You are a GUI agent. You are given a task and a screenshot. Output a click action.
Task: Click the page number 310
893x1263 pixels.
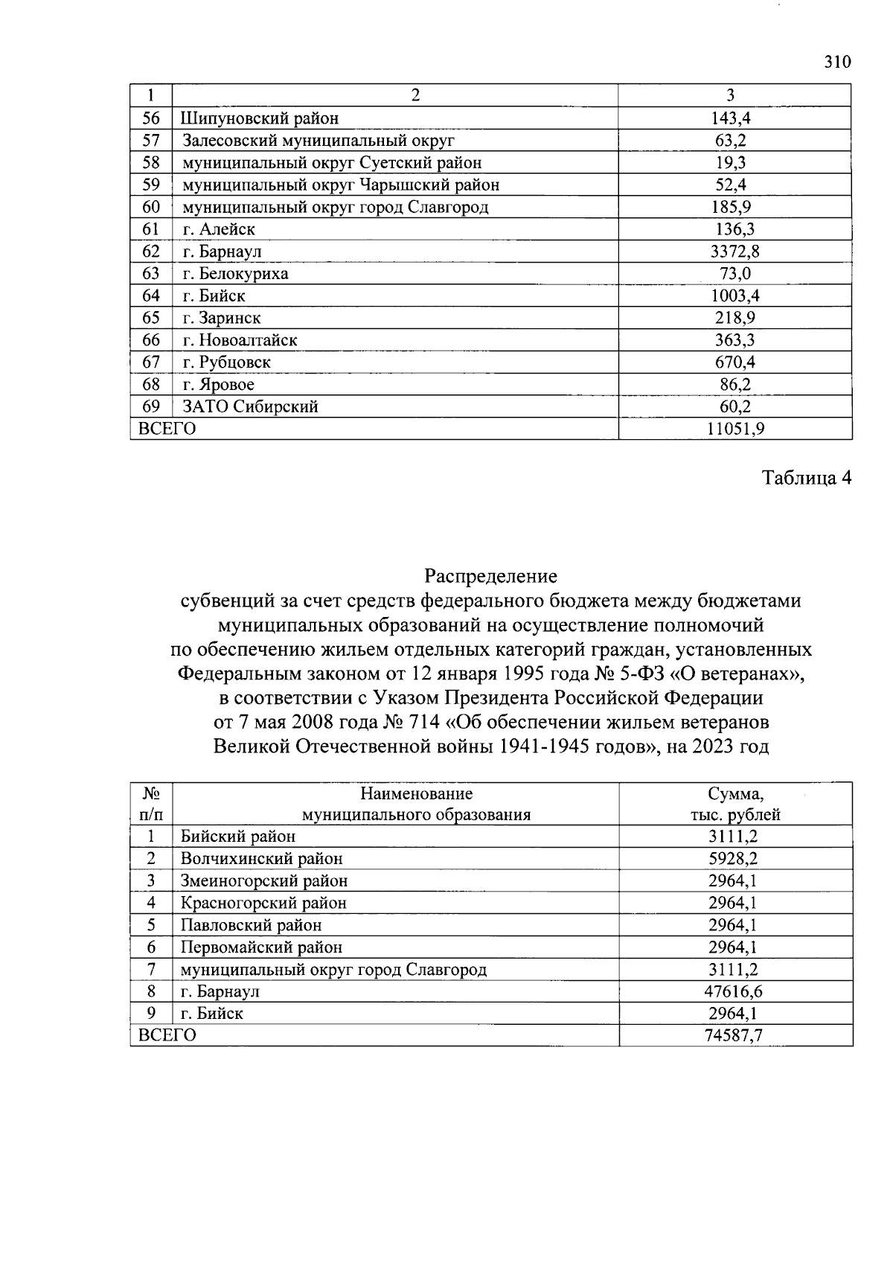[x=836, y=62]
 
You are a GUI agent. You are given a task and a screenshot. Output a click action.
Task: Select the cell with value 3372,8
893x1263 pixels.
[x=734, y=252]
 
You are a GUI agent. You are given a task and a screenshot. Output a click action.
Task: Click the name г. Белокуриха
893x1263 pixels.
[x=236, y=274]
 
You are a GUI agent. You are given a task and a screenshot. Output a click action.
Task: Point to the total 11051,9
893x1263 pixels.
[x=735, y=429]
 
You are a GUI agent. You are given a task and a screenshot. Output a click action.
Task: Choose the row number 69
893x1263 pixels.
[x=151, y=406]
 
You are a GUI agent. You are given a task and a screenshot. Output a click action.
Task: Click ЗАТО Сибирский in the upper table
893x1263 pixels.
[x=251, y=406]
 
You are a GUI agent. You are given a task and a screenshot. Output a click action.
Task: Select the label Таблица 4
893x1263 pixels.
[x=806, y=478]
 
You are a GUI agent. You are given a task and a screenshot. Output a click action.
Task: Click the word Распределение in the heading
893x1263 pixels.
[x=490, y=576]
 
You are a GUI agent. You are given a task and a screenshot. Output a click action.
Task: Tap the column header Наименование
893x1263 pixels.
[x=416, y=793]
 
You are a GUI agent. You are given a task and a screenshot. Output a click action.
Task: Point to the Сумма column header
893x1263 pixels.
[x=735, y=793]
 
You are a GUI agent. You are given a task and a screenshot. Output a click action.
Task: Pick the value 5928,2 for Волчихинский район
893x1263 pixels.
[x=734, y=858]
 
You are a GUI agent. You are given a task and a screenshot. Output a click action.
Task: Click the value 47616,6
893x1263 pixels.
[x=734, y=991]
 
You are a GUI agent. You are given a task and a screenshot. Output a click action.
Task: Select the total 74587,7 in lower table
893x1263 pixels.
[x=734, y=1035]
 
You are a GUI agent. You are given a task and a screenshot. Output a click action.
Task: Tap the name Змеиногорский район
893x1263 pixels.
[x=264, y=880]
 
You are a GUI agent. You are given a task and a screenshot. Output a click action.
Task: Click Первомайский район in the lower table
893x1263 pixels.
[x=262, y=947]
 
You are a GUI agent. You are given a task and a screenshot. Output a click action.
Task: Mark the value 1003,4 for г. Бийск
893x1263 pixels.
[x=734, y=296]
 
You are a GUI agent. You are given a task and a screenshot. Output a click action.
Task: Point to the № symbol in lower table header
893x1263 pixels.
[x=151, y=793]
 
